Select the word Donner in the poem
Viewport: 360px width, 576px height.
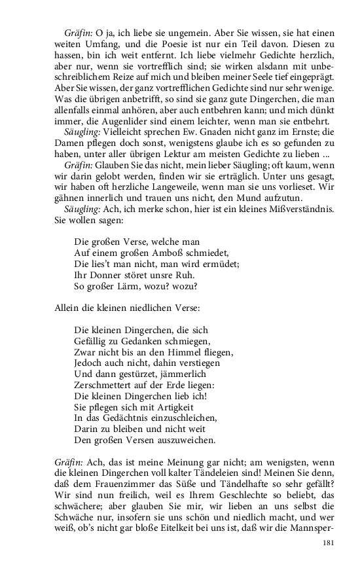coord(105,275)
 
